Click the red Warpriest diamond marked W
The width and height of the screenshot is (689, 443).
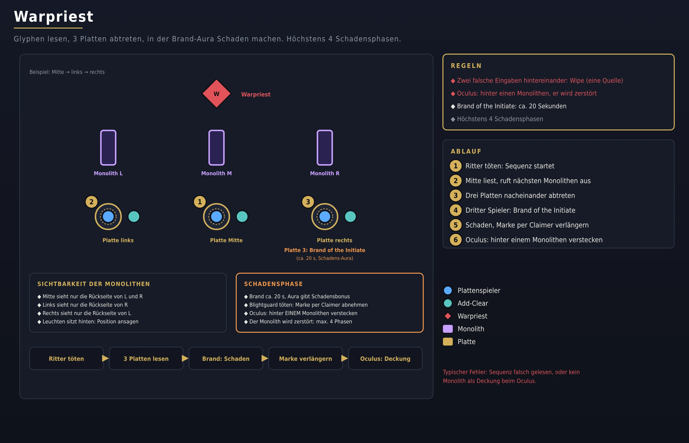click(x=217, y=94)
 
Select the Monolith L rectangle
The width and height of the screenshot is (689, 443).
click(x=108, y=148)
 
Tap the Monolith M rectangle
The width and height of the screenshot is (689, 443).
click(x=217, y=148)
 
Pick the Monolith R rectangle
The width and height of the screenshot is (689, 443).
click(x=325, y=148)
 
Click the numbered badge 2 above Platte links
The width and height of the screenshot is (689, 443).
click(x=92, y=202)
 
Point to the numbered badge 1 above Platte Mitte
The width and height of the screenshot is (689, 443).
click(x=200, y=202)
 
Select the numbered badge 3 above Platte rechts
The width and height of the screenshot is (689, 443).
click(x=308, y=202)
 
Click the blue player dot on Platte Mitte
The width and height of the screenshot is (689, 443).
click(x=217, y=217)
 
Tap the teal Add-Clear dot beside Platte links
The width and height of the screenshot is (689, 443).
click(x=134, y=217)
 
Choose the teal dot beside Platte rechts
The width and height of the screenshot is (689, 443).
click(x=350, y=217)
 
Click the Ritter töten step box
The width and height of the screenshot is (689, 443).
click(x=66, y=358)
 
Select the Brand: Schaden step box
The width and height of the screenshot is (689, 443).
click(x=226, y=358)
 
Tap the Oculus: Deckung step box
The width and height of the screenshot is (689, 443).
click(x=385, y=358)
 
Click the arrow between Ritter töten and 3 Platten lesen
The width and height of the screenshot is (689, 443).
click(x=106, y=358)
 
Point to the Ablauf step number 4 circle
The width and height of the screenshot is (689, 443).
click(x=455, y=210)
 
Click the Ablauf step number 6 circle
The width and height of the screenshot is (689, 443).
click(x=455, y=240)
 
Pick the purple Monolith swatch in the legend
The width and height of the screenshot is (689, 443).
click(x=448, y=329)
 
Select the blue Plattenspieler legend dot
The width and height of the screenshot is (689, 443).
click(x=448, y=290)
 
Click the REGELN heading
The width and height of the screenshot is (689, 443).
click(x=466, y=66)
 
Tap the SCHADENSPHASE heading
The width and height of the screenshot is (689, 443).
click(x=273, y=284)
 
